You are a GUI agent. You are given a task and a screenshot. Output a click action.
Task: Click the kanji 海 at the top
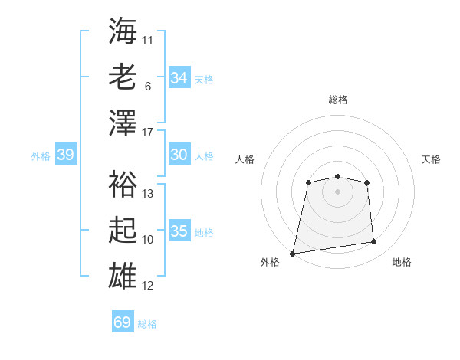point(123,31)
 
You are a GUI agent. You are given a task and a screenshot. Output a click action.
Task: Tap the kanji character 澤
point(123,123)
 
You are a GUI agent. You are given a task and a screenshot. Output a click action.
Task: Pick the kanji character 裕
point(123,184)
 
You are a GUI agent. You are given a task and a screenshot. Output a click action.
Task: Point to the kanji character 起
point(123,229)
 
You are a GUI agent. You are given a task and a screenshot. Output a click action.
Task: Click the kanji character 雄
point(123,276)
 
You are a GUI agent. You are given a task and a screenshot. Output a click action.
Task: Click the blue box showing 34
point(179,78)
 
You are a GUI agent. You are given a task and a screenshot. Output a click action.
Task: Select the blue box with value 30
point(179,155)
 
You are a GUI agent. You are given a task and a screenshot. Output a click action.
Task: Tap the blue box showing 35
point(179,231)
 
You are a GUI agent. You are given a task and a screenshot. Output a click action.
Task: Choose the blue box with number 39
point(65,155)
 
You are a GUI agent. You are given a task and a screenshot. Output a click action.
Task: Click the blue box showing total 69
point(122,322)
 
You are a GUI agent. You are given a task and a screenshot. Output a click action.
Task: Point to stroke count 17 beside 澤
point(149,133)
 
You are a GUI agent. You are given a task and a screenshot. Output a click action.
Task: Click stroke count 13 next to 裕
point(149,194)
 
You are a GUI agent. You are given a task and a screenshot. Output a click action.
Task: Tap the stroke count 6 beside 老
point(147,86)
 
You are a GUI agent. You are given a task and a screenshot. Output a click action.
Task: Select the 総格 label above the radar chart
point(338,100)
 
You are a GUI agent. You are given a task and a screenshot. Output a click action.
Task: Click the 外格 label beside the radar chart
point(270,262)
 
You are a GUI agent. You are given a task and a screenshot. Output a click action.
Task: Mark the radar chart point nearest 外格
point(293,253)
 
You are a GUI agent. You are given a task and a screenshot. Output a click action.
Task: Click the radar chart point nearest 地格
point(374,242)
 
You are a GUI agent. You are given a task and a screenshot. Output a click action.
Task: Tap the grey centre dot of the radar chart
point(337,191)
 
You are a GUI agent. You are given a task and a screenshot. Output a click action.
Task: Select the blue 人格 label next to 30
point(204,156)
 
